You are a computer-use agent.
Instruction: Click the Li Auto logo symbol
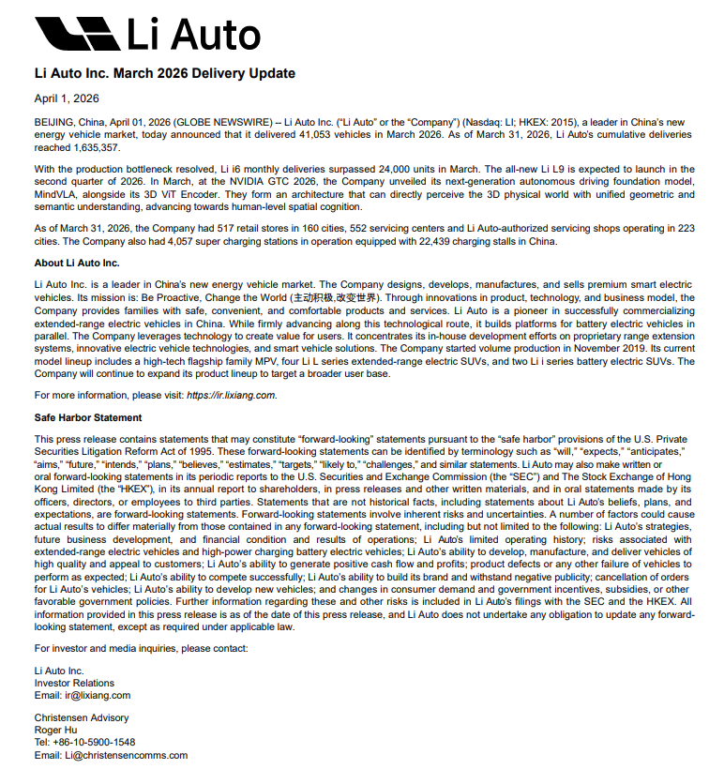(77, 35)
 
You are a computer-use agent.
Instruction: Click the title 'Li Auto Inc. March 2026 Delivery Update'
(164, 73)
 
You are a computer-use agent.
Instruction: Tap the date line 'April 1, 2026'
(67, 98)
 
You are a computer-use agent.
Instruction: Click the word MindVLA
(54, 194)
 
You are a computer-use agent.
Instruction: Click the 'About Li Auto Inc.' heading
(77, 263)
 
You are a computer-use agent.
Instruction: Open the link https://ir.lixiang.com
(231, 395)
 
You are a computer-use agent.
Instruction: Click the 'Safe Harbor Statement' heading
(88, 417)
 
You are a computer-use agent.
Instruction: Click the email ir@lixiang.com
(97, 695)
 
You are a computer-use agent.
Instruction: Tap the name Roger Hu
(55, 730)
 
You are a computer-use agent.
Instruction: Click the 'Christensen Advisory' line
(82, 717)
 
